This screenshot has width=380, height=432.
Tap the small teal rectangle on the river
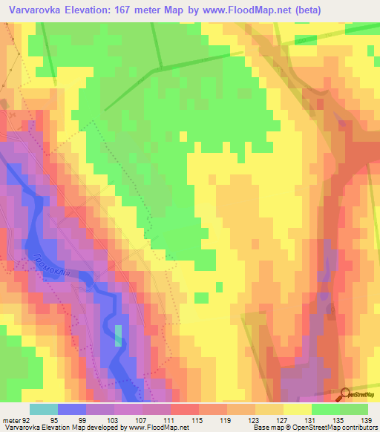118,336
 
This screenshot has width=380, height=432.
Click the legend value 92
27,419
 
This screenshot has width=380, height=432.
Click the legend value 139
367,419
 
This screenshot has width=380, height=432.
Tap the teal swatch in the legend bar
44,409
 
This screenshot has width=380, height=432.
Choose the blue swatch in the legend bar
72,409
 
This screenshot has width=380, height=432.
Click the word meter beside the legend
11,419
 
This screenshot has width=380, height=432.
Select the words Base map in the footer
266,428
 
